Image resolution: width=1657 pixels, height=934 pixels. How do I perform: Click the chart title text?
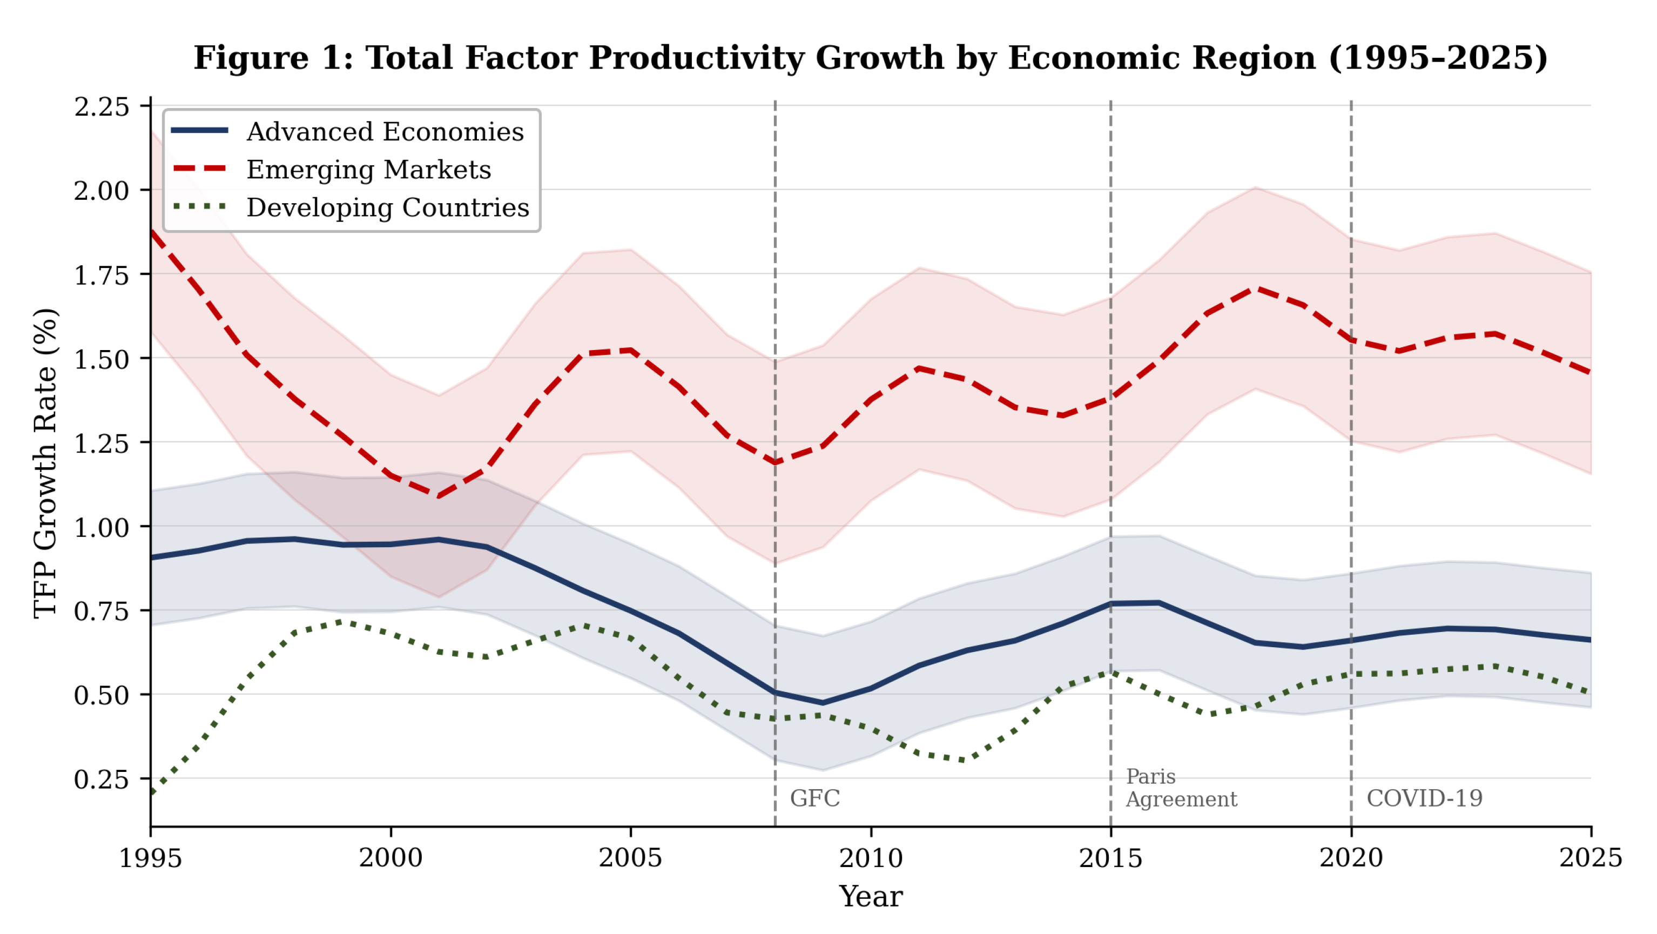click(870, 58)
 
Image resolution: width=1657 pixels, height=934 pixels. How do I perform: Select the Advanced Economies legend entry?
click(347, 131)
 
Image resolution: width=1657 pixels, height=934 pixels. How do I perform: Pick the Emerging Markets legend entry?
click(331, 169)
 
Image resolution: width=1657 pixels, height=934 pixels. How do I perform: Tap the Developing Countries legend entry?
click(351, 207)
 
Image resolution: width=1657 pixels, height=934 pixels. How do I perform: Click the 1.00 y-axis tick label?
click(102, 527)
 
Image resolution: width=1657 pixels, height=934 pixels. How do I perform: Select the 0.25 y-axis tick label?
click(102, 780)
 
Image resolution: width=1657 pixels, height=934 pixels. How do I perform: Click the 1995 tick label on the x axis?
click(151, 858)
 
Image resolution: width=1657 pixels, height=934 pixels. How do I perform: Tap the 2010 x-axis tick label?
click(871, 858)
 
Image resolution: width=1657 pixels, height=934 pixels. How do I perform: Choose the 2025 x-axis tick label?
click(1591, 858)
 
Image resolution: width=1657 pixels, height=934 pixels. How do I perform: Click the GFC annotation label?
click(815, 798)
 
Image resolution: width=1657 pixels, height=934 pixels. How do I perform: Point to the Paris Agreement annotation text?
click(1182, 788)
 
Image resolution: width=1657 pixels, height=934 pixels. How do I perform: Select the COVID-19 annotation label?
click(1425, 798)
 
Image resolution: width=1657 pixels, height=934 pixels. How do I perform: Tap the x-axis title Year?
click(871, 897)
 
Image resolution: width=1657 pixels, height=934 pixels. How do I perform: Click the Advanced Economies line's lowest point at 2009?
click(823, 702)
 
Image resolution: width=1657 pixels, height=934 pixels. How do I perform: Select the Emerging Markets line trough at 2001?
click(439, 496)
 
